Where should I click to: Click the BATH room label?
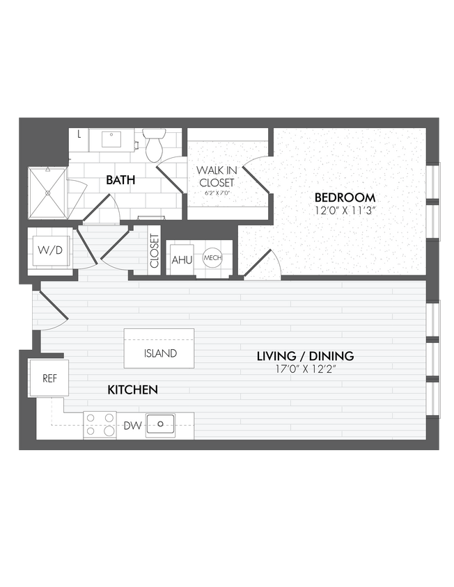(120, 180)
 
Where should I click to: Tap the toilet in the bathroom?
(153, 145)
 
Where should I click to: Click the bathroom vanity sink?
(112, 139)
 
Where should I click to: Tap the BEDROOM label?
(344, 197)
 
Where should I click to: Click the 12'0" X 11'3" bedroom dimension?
(344, 210)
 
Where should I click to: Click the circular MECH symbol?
(212, 258)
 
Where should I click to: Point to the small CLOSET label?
(154, 251)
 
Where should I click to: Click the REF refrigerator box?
(49, 378)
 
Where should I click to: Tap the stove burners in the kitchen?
(100, 425)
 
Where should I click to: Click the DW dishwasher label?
(133, 425)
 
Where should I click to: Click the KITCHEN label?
(132, 389)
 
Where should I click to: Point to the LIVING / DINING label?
(305, 356)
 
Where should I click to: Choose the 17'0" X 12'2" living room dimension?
(305, 369)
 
